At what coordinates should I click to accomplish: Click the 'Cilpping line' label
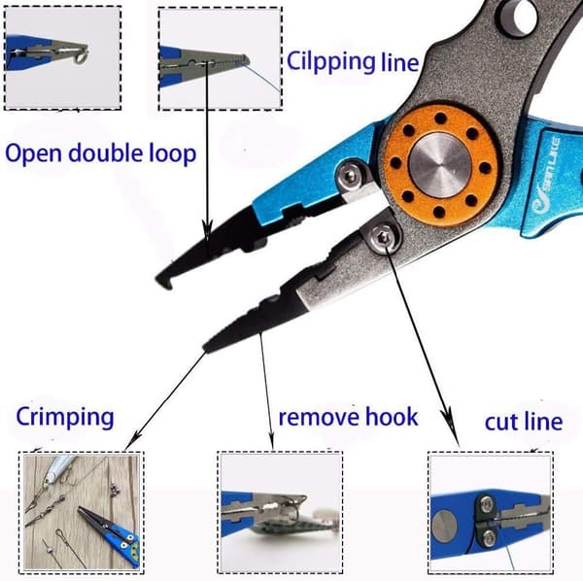(x=353, y=62)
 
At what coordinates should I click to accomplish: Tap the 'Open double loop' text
(x=101, y=154)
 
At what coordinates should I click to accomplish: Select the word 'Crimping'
(x=65, y=418)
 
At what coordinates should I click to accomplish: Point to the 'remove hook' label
(x=349, y=417)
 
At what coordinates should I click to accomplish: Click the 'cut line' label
(x=524, y=422)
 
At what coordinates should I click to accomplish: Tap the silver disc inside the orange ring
(x=439, y=165)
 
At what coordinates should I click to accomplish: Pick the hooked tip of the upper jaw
(x=163, y=282)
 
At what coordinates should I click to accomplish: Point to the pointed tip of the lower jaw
(x=206, y=348)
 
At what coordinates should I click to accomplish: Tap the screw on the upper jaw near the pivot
(x=350, y=176)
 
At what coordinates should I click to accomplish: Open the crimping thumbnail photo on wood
(x=82, y=513)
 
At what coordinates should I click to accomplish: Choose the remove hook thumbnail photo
(x=280, y=513)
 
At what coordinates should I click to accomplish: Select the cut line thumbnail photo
(x=491, y=513)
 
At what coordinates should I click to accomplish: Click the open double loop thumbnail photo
(x=62, y=58)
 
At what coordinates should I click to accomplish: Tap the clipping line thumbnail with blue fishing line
(x=221, y=58)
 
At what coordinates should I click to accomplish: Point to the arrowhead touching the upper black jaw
(x=208, y=230)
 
